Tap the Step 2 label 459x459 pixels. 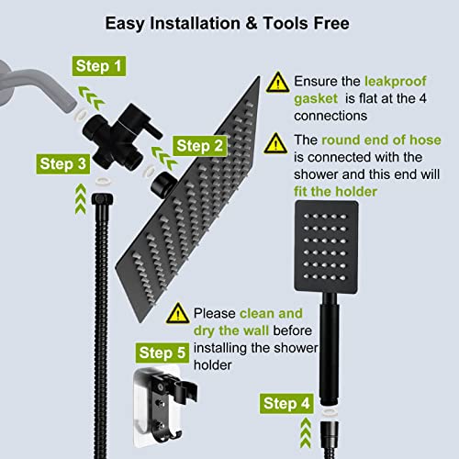[200, 145]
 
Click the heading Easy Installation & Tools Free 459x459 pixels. [229, 20]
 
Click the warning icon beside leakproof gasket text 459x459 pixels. [276, 84]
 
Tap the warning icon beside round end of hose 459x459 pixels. [276, 143]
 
